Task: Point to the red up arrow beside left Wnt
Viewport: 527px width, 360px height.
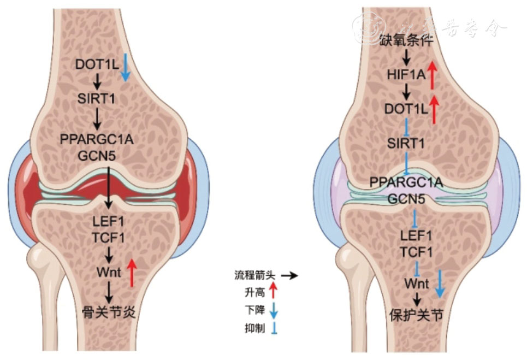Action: tap(131, 272)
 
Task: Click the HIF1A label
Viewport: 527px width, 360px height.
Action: tap(405, 75)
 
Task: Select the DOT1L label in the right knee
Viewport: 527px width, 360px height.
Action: tap(405, 108)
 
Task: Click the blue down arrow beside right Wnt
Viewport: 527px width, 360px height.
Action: tap(439, 284)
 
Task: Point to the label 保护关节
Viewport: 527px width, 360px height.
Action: tap(417, 315)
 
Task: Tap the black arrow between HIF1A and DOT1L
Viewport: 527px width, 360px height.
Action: tap(405, 91)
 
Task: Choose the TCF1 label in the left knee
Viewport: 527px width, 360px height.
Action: tap(109, 238)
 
